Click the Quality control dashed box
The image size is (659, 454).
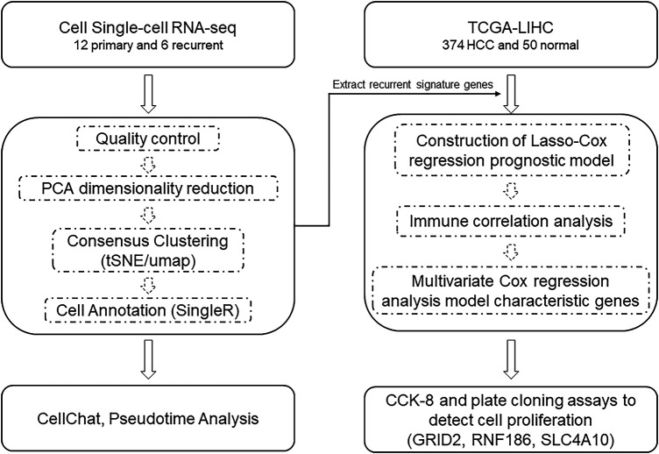click(x=148, y=138)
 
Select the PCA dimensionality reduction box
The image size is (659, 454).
click(x=148, y=188)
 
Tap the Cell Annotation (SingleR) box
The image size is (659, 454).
click(x=148, y=310)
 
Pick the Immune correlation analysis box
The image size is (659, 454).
click(x=511, y=221)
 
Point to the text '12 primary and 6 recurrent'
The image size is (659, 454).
click(x=148, y=46)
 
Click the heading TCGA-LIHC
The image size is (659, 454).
click(x=511, y=28)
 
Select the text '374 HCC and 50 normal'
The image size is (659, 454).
click(x=511, y=46)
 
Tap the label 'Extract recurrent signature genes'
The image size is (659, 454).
click(x=413, y=85)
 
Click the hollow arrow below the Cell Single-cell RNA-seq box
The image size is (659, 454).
click(x=148, y=94)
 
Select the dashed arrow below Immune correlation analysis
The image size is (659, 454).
click(x=511, y=252)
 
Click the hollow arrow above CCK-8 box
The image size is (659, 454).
click(x=511, y=359)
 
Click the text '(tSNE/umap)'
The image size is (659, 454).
click(x=148, y=260)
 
